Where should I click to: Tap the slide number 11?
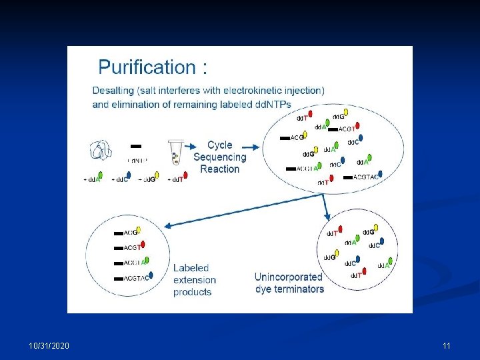(446, 345)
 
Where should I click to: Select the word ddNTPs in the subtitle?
(269, 105)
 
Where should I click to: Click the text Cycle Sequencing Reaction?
(219, 157)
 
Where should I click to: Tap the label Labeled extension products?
(194, 280)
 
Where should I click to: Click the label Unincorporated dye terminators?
(289, 283)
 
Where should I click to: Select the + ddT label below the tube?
(175, 179)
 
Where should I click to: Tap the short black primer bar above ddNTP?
(136, 146)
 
